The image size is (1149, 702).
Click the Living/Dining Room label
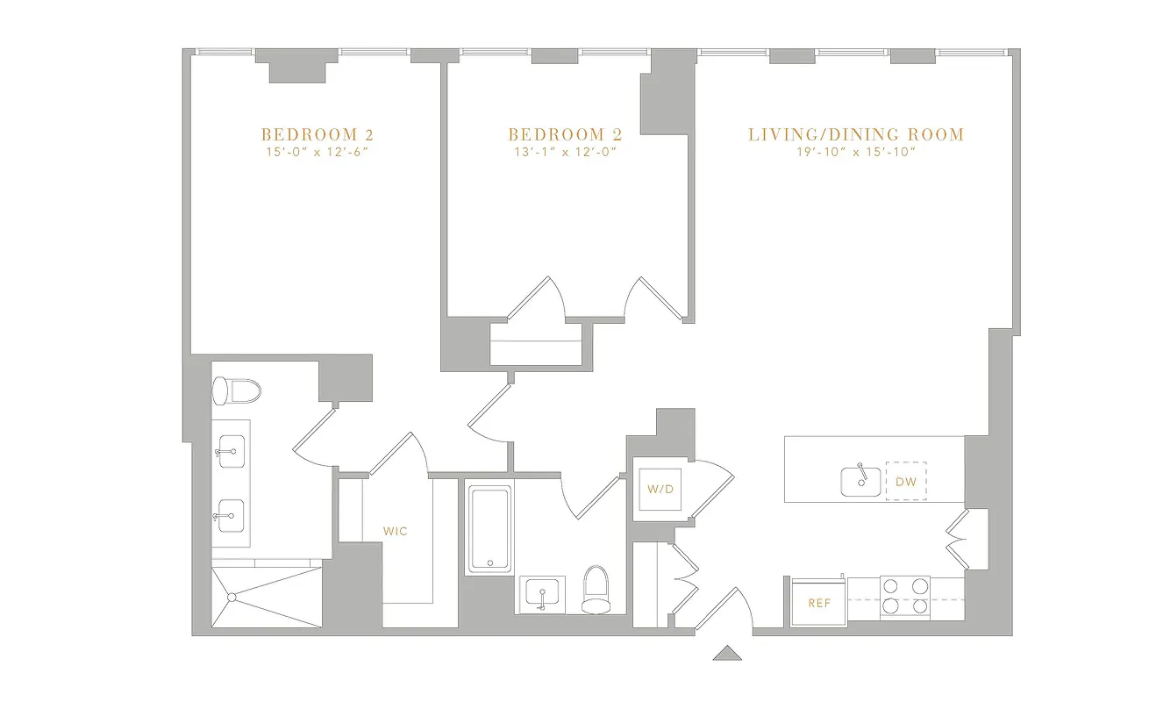(x=856, y=134)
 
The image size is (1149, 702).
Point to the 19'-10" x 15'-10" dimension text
(x=856, y=153)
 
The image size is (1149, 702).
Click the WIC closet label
(x=396, y=531)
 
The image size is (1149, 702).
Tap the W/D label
(x=660, y=489)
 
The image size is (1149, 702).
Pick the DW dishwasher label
(x=906, y=481)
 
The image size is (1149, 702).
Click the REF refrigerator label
(x=818, y=603)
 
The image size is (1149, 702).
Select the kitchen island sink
(x=860, y=481)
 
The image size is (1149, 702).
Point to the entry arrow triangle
(x=727, y=653)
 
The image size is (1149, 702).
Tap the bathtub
(x=489, y=528)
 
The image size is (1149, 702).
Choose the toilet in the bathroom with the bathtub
(x=596, y=589)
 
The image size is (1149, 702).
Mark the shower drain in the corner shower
(x=232, y=597)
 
